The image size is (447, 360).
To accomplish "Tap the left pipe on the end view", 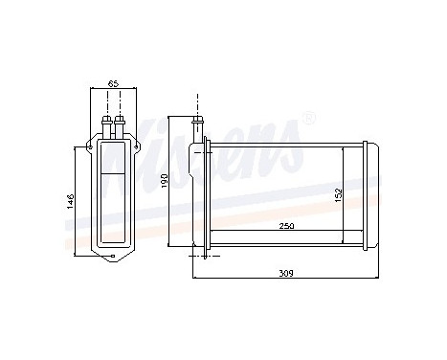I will click(x=104, y=124).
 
